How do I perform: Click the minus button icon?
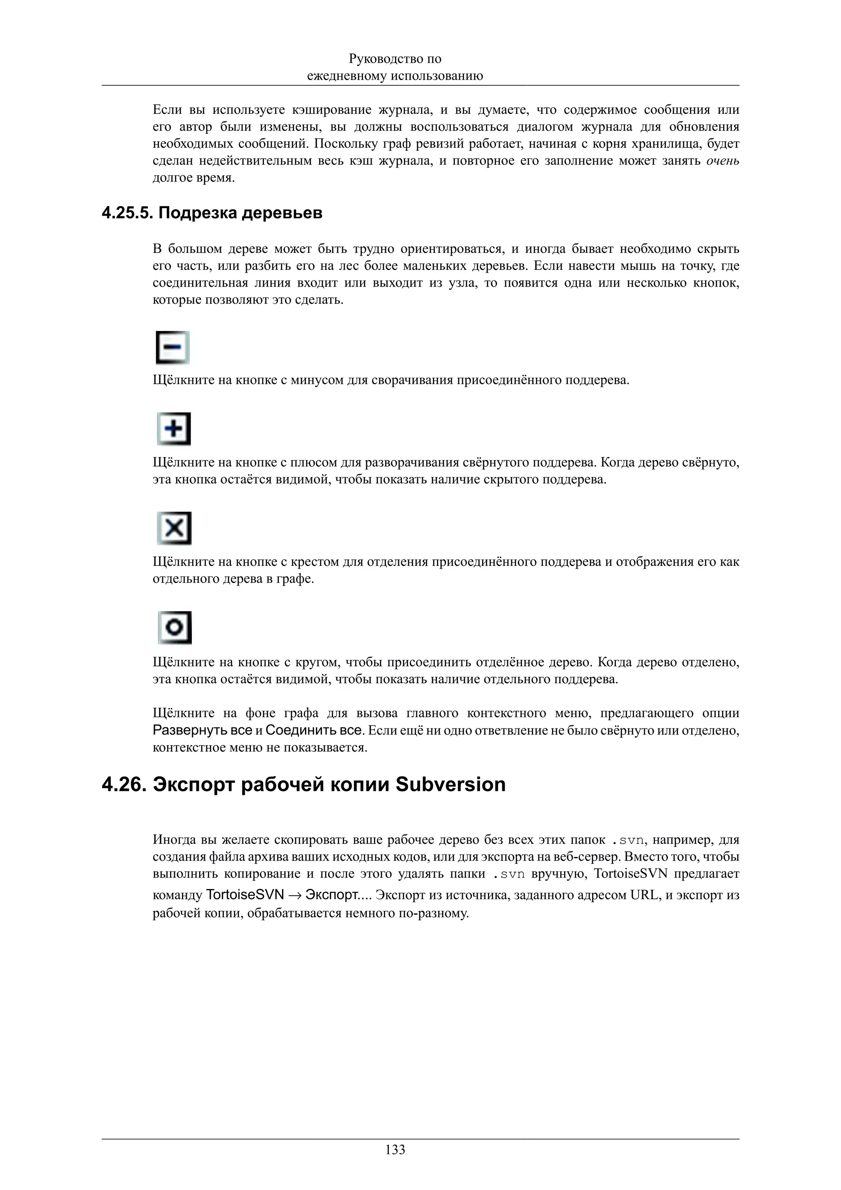(x=173, y=347)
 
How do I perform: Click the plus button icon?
(x=174, y=429)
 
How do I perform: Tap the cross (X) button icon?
(x=175, y=528)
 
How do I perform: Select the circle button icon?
(x=175, y=628)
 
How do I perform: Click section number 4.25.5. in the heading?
(x=127, y=213)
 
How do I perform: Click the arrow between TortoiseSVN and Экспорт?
(x=295, y=896)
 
